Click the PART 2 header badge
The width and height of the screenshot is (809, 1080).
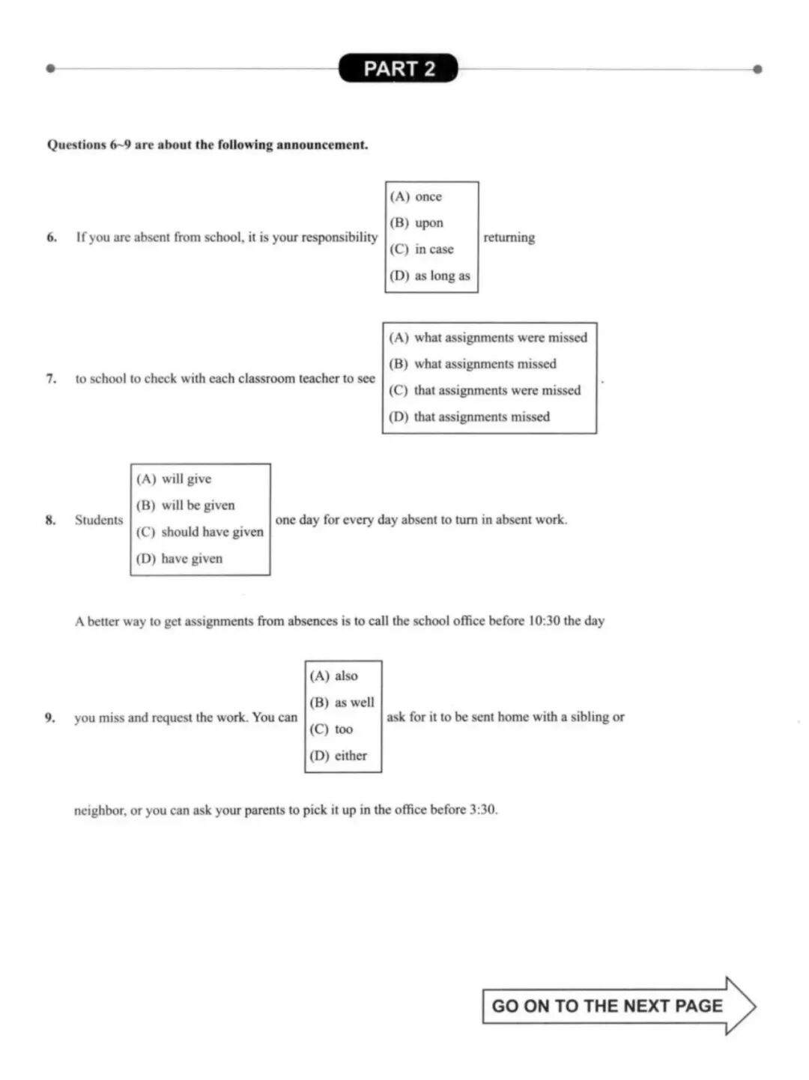click(x=399, y=68)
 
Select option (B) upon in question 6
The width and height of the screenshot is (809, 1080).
click(x=416, y=222)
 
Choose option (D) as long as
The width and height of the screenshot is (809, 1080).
click(x=430, y=276)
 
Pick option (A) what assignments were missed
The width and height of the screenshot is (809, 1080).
click(x=488, y=338)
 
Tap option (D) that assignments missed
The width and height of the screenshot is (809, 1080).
click(x=470, y=416)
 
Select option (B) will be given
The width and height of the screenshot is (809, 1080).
click(x=186, y=506)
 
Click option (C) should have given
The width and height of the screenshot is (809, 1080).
click(x=200, y=532)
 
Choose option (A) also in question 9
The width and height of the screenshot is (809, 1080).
click(x=334, y=676)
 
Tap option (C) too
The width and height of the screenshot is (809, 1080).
click(x=331, y=729)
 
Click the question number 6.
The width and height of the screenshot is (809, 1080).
click(x=52, y=237)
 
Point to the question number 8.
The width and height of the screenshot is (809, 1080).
click(x=50, y=520)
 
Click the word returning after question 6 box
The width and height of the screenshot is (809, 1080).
click(x=509, y=237)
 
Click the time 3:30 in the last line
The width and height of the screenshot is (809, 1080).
click(x=482, y=810)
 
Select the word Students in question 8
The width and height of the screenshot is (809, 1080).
click(x=99, y=520)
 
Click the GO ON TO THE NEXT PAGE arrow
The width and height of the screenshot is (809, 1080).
click(x=618, y=1006)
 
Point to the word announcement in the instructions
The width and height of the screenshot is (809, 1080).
click(x=322, y=145)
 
